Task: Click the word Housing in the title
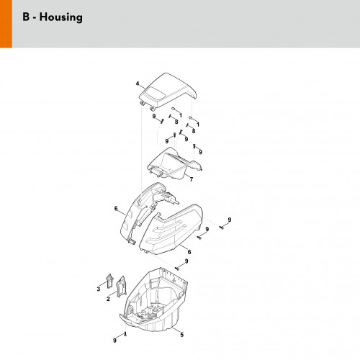click(x=61, y=17)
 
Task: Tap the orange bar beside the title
click(x=6, y=24)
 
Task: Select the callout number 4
click(x=138, y=84)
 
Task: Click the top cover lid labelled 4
click(x=168, y=91)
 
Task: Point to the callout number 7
click(x=192, y=179)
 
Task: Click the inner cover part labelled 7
click(x=175, y=163)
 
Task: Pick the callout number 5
click(x=182, y=335)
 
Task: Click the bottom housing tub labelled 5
click(x=153, y=300)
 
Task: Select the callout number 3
click(x=99, y=289)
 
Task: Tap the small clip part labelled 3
click(x=109, y=281)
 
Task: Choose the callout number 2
click(x=108, y=299)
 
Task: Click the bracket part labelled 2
click(x=121, y=287)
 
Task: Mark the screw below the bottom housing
click(x=125, y=334)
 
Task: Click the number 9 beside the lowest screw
click(x=114, y=341)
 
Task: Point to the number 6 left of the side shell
click(x=116, y=209)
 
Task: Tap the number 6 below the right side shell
click(x=189, y=252)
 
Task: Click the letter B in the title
click(x=26, y=17)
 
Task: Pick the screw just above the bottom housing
click(x=177, y=269)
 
